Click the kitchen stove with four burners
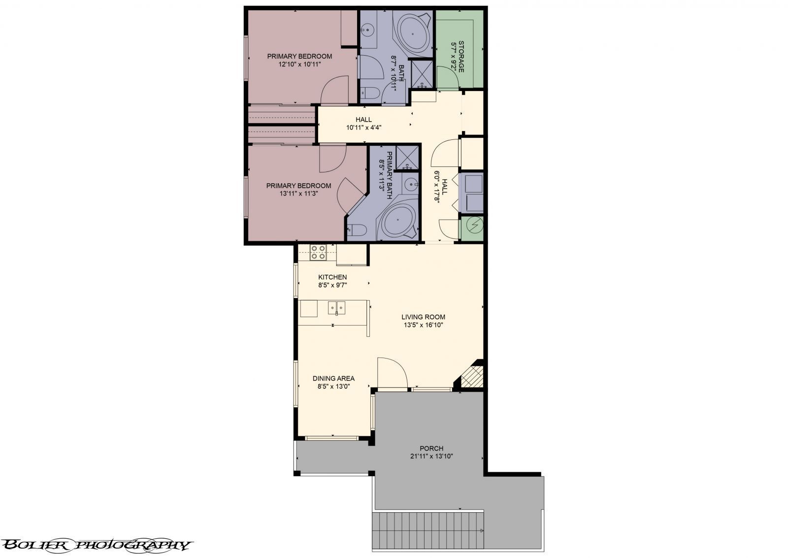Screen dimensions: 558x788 pyautogui.click(x=318, y=252)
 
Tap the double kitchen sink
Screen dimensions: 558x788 pyautogui.click(x=337, y=308)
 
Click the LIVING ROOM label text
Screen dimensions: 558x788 pyautogui.click(x=423, y=317)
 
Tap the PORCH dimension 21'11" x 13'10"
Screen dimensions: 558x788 pyautogui.click(x=431, y=456)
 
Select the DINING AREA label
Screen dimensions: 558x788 pyautogui.click(x=333, y=379)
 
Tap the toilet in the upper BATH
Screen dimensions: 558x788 pyautogui.click(x=369, y=93)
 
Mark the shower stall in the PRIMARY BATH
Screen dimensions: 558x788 pyautogui.click(x=407, y=157)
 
